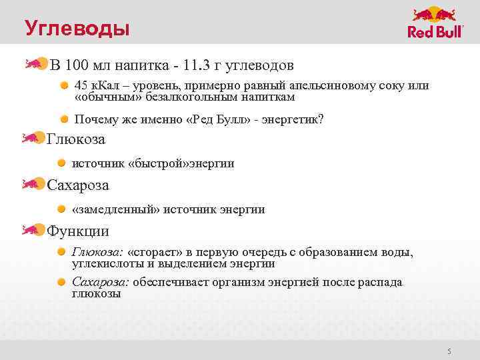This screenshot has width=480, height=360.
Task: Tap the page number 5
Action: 449,351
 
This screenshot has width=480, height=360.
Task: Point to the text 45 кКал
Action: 94,86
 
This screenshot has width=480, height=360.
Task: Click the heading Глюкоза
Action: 76,139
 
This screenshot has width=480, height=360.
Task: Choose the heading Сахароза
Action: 77,185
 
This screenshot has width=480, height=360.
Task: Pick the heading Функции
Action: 77,231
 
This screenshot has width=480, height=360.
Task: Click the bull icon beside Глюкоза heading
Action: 32,139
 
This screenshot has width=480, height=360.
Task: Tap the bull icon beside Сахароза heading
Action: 32,184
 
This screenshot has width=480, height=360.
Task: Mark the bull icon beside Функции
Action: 32,230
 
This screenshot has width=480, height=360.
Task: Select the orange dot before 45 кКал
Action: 65,86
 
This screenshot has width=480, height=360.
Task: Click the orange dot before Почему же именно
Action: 65,119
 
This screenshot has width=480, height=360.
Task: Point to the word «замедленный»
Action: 117,209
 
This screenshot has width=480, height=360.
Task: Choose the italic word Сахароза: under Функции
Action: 101,282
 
